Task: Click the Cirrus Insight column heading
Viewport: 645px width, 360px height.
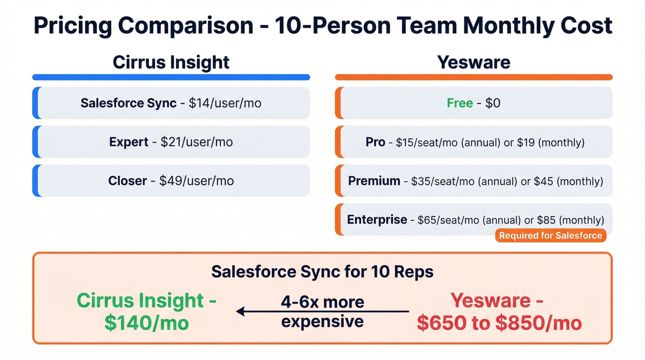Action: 171,62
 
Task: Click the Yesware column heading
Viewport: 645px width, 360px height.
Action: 474,62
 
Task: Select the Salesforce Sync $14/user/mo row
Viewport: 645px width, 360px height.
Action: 171,103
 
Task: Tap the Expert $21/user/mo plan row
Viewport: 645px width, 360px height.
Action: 171,142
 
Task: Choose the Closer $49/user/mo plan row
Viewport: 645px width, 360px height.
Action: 171,181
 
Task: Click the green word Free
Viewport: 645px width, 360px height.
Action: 460,103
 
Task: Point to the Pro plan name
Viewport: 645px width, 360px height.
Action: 375,142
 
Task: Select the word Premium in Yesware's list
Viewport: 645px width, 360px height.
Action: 374,181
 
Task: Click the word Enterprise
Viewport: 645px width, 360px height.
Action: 377,220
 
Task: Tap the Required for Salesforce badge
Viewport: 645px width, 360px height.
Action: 551,236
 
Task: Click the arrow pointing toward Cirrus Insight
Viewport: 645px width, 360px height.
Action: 258,312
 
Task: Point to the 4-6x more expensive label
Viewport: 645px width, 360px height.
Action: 322,312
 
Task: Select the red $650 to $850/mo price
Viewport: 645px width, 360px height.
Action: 499,323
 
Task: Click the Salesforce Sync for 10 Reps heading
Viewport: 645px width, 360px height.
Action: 322,272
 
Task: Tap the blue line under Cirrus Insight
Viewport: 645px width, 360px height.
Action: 171,77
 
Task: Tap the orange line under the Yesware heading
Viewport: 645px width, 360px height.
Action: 474,77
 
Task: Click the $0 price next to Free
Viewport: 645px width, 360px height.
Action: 493,103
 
